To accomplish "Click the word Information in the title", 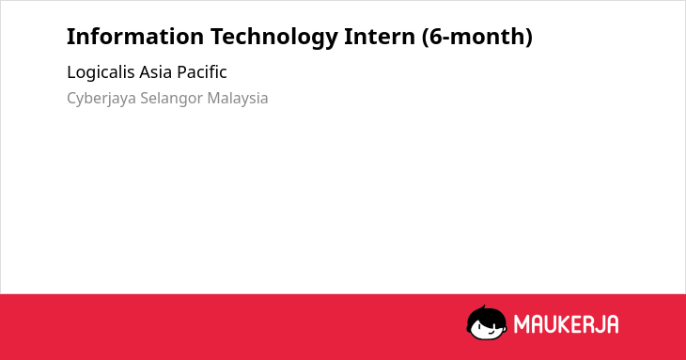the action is pyautogui.click(x=135, y=37).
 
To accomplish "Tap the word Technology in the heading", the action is pyautogui.click(x=274, y=38).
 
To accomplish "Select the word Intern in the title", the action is pyautogui.click(x=380, y=37).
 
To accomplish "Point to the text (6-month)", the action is pyautogui.click(x=476, y=37).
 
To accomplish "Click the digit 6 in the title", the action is pyautogui.click(x=435, y=37).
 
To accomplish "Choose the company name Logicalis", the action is pyautogui.click(x=101, y=72).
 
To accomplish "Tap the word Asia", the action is pyautogui.click(x=156, y=72).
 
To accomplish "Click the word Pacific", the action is pyautogui.click(x=202, y=72).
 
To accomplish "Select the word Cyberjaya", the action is pyautogui.click(x=101, y=99).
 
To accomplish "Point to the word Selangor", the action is pyautogui.click(x=171, y=99).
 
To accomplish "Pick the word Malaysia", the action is pyautogui.click(x=238, y=99).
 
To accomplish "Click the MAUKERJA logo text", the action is pyautogui.click(x=566, y=324).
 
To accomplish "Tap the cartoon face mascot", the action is pyautogui.click(x=487, y=323).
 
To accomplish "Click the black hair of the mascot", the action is pyautogui.click(x=486, y=314).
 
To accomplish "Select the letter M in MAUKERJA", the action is pyautogui.click(x=522, y=324).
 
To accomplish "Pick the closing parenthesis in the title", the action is pyautogui.click(x=529, y=38).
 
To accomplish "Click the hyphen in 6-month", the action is pyautogui.click(x=445, y=39).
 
